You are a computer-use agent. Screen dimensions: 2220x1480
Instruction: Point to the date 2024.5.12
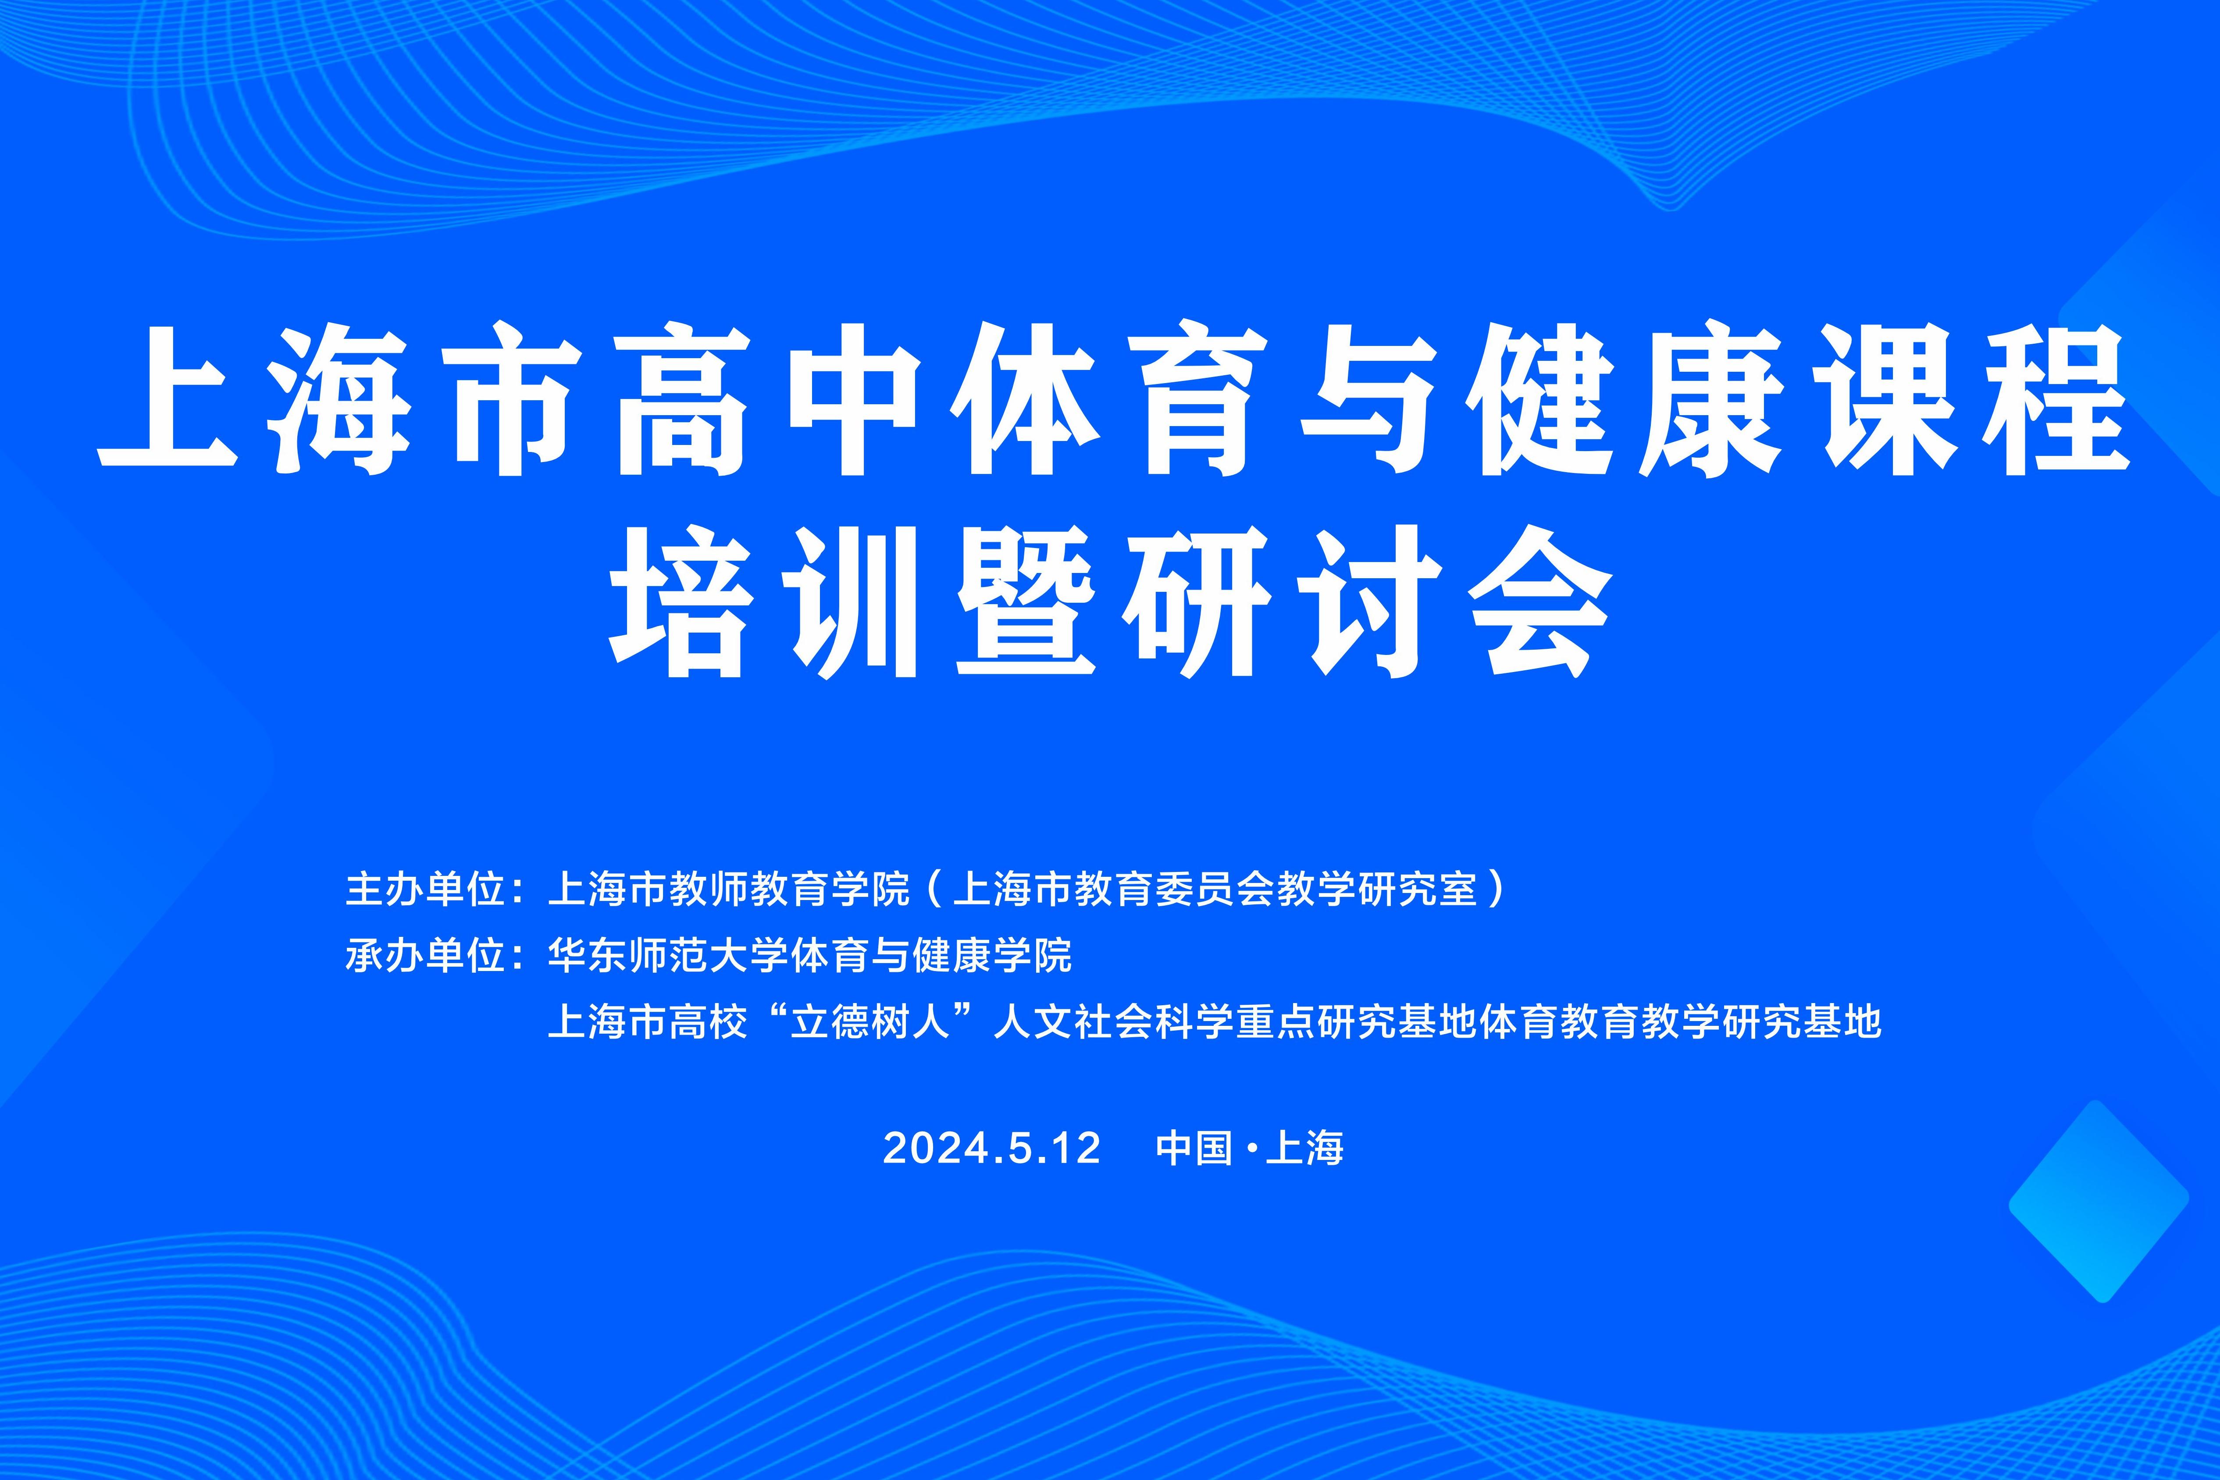point(992,1148)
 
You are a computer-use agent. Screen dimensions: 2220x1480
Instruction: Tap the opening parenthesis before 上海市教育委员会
point(933,889)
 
